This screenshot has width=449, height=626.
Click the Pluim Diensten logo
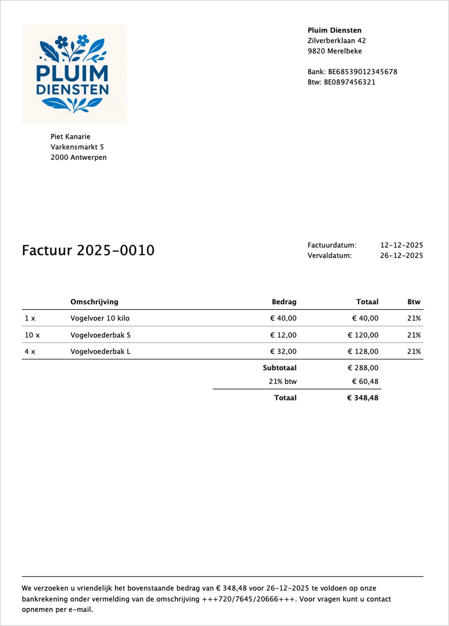[x=74, y=74]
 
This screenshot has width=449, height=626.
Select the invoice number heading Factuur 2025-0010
[x=88, y=250]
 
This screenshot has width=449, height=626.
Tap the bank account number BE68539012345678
[x=353, y=71]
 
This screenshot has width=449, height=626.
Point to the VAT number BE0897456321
[x=350, y=82]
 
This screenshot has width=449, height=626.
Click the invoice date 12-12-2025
[x=402, y=245]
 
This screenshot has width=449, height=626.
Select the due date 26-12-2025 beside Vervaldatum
[x=402, y=255]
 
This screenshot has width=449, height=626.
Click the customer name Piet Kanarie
[x=70, y=136]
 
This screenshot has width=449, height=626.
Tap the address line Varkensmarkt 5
[x=77, y=147]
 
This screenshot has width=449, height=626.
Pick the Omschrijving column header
[x=94, y=302]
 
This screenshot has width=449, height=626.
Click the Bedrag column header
[x=284, y=302]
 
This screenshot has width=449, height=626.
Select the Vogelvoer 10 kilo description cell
[x=100, y=318]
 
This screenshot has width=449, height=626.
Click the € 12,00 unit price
[x=283, y=335]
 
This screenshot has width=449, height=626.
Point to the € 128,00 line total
[x=363, y=352]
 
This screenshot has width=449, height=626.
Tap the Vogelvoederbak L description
[x=101, y=352]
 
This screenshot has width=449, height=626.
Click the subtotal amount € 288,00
[x=363, y=368]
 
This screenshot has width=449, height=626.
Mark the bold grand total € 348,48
[x=362, y=398]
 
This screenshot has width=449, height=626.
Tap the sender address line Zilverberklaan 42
[x=337, y=41]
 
